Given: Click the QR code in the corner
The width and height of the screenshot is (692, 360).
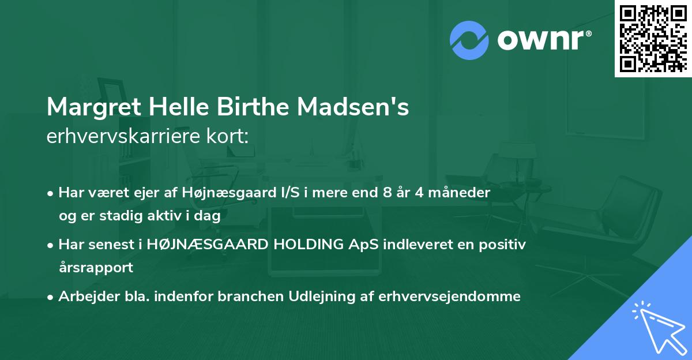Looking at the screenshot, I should coord(653,38).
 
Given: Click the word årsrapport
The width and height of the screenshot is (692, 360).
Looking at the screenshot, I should coord(96,267).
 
